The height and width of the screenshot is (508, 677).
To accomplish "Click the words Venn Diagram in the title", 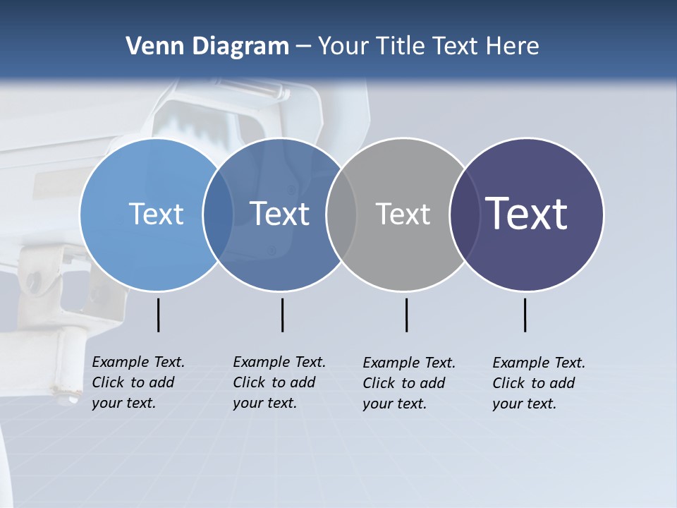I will pos(207,47).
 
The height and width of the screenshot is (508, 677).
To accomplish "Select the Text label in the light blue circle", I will pos(156,214).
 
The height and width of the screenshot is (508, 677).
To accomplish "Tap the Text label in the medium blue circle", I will pos(279,214).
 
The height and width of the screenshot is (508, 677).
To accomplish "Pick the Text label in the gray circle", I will pos(403,214).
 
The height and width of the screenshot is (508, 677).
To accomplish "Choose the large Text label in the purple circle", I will pos(527,214).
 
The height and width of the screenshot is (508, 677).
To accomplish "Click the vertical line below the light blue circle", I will pos(159,315).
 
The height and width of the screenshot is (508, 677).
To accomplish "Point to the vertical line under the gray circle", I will pos(407,315).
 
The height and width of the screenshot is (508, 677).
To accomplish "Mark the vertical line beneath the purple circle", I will pos(525,315).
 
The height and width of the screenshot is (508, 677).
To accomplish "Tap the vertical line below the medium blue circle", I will pos(283,315).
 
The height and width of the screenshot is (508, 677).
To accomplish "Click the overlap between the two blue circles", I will pos(219,214).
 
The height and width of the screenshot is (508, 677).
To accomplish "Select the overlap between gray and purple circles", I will pos(464,214).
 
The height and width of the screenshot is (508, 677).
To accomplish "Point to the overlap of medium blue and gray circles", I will pos(341,214).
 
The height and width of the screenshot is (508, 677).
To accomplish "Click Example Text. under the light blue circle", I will pos(138,362).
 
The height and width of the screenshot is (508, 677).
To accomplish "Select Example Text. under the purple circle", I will pos(539,363).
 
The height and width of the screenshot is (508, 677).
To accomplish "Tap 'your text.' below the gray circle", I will pos(394,404).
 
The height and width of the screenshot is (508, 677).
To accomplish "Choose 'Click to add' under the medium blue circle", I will pos(274,382).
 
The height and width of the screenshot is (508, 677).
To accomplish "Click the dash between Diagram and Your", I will pos(303,47).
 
